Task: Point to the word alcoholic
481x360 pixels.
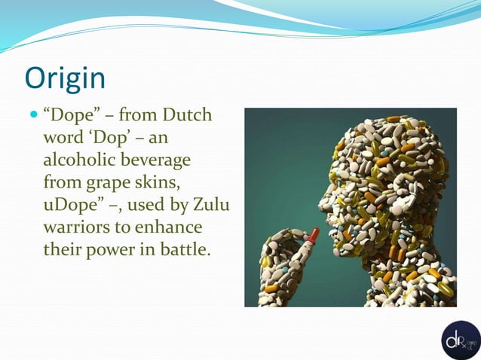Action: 79,161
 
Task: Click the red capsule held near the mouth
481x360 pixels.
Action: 311,239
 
